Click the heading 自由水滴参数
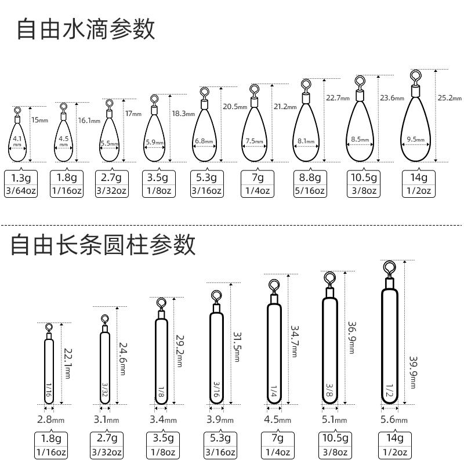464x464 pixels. click(86, 30)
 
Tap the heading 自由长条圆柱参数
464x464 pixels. click(103, 245)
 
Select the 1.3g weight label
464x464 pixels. click(21, 177)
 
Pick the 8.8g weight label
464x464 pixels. click(310, 177)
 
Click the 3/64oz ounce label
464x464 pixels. click(21, 190)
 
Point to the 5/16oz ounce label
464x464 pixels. click(310, 190)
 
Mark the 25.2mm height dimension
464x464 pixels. click(449, 97)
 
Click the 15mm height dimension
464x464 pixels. click(39, 120)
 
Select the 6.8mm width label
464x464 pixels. click(204, 141)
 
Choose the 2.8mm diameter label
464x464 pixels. click(50, 419)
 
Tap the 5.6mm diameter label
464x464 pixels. click(393, 419)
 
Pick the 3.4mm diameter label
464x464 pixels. click(162, 419)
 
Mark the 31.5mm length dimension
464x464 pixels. click(237, 346)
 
